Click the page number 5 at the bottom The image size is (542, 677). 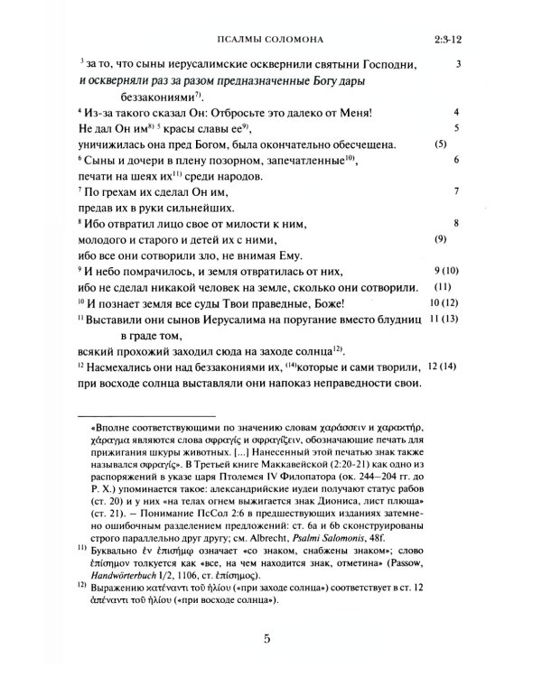(267, 642)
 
